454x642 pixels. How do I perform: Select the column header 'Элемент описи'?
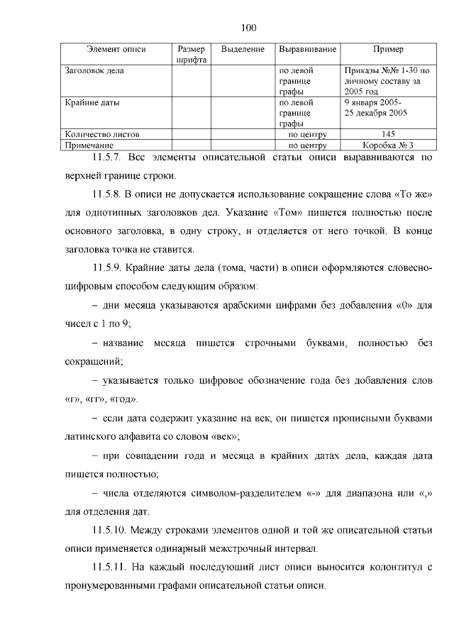pos(116,50)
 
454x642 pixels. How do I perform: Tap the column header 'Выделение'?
pos(243,50)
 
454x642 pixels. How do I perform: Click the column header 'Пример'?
pos(388,50)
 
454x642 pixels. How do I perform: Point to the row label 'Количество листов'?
pos(101,133)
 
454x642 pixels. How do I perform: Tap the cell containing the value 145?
pos(388,133)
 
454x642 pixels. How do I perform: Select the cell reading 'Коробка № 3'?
pos(388,144)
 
